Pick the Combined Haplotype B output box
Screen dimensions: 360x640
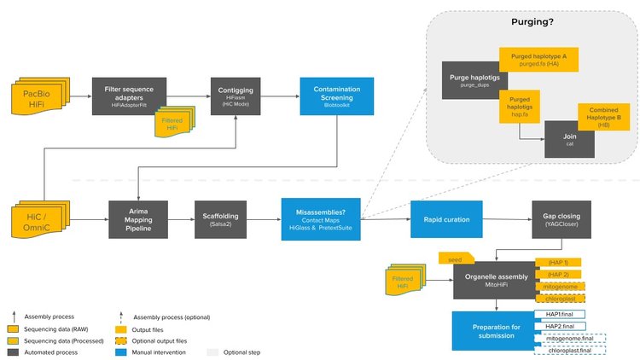(x=604, y=117)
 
